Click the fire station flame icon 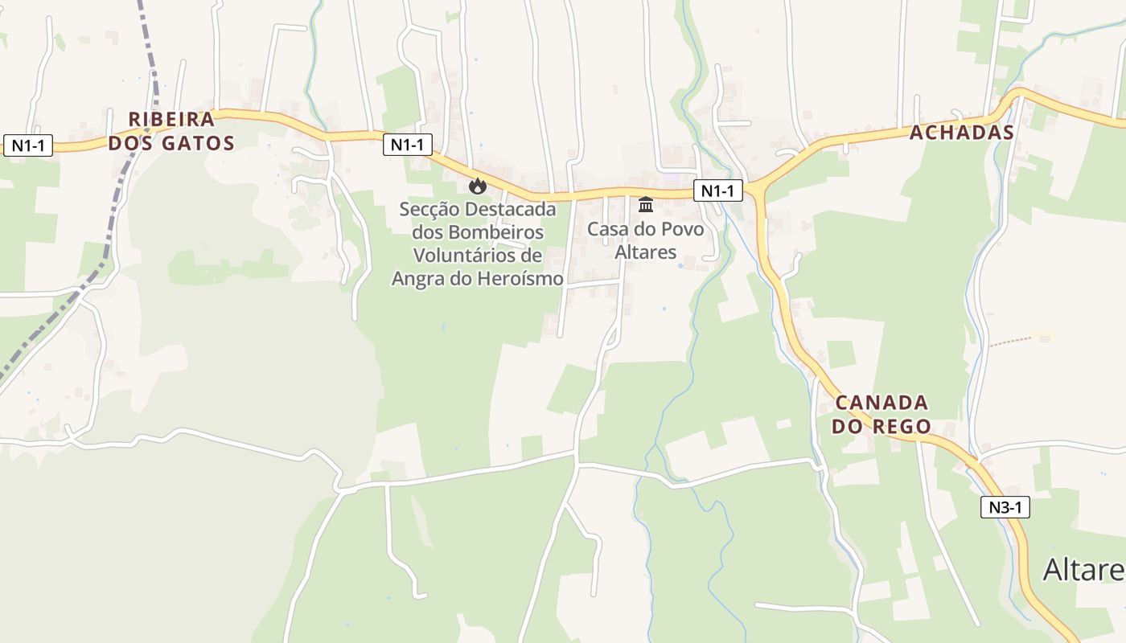click(478, 186)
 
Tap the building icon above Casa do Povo click(646, 205)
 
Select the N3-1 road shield click(1005, 507)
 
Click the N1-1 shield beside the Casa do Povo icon click(717, 190)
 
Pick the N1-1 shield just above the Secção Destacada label click(407, 145)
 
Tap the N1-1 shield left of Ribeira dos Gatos click(28, 145)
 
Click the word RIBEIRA click(172, 120)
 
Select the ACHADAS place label click(961, 133)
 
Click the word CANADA click(881, 402)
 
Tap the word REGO click(903, 426)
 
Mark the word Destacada click(514, 209)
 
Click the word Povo click(682, 229)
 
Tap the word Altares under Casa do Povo click(645, 252)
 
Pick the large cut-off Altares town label click(1083, 569)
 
